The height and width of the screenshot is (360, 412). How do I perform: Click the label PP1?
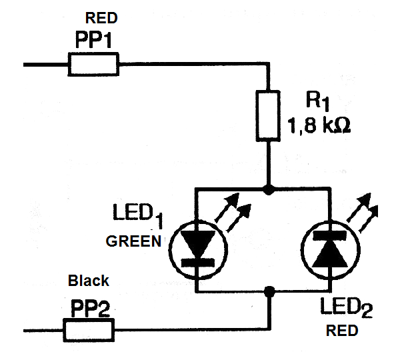point(93,39)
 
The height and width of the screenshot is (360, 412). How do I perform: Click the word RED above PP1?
point(101,18)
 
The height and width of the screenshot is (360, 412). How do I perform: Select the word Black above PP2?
point(88,281)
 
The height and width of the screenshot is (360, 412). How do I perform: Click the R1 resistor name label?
point(317,101)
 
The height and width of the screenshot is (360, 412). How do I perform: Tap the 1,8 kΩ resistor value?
point(319,125)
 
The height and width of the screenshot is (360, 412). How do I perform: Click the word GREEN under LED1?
point(133,241)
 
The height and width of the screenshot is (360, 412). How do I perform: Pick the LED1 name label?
point(138,215)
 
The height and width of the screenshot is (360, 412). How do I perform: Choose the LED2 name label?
point(347,308)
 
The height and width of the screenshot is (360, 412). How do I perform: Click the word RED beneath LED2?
point(342,331)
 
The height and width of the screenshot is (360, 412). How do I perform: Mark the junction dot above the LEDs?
point(269,189)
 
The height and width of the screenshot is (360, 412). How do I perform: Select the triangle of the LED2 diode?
point(330,253)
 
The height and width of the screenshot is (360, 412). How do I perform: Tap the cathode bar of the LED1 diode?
point(198,263)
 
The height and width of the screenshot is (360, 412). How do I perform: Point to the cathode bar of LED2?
point(330,236)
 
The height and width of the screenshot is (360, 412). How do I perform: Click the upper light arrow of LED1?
point(227,207)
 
